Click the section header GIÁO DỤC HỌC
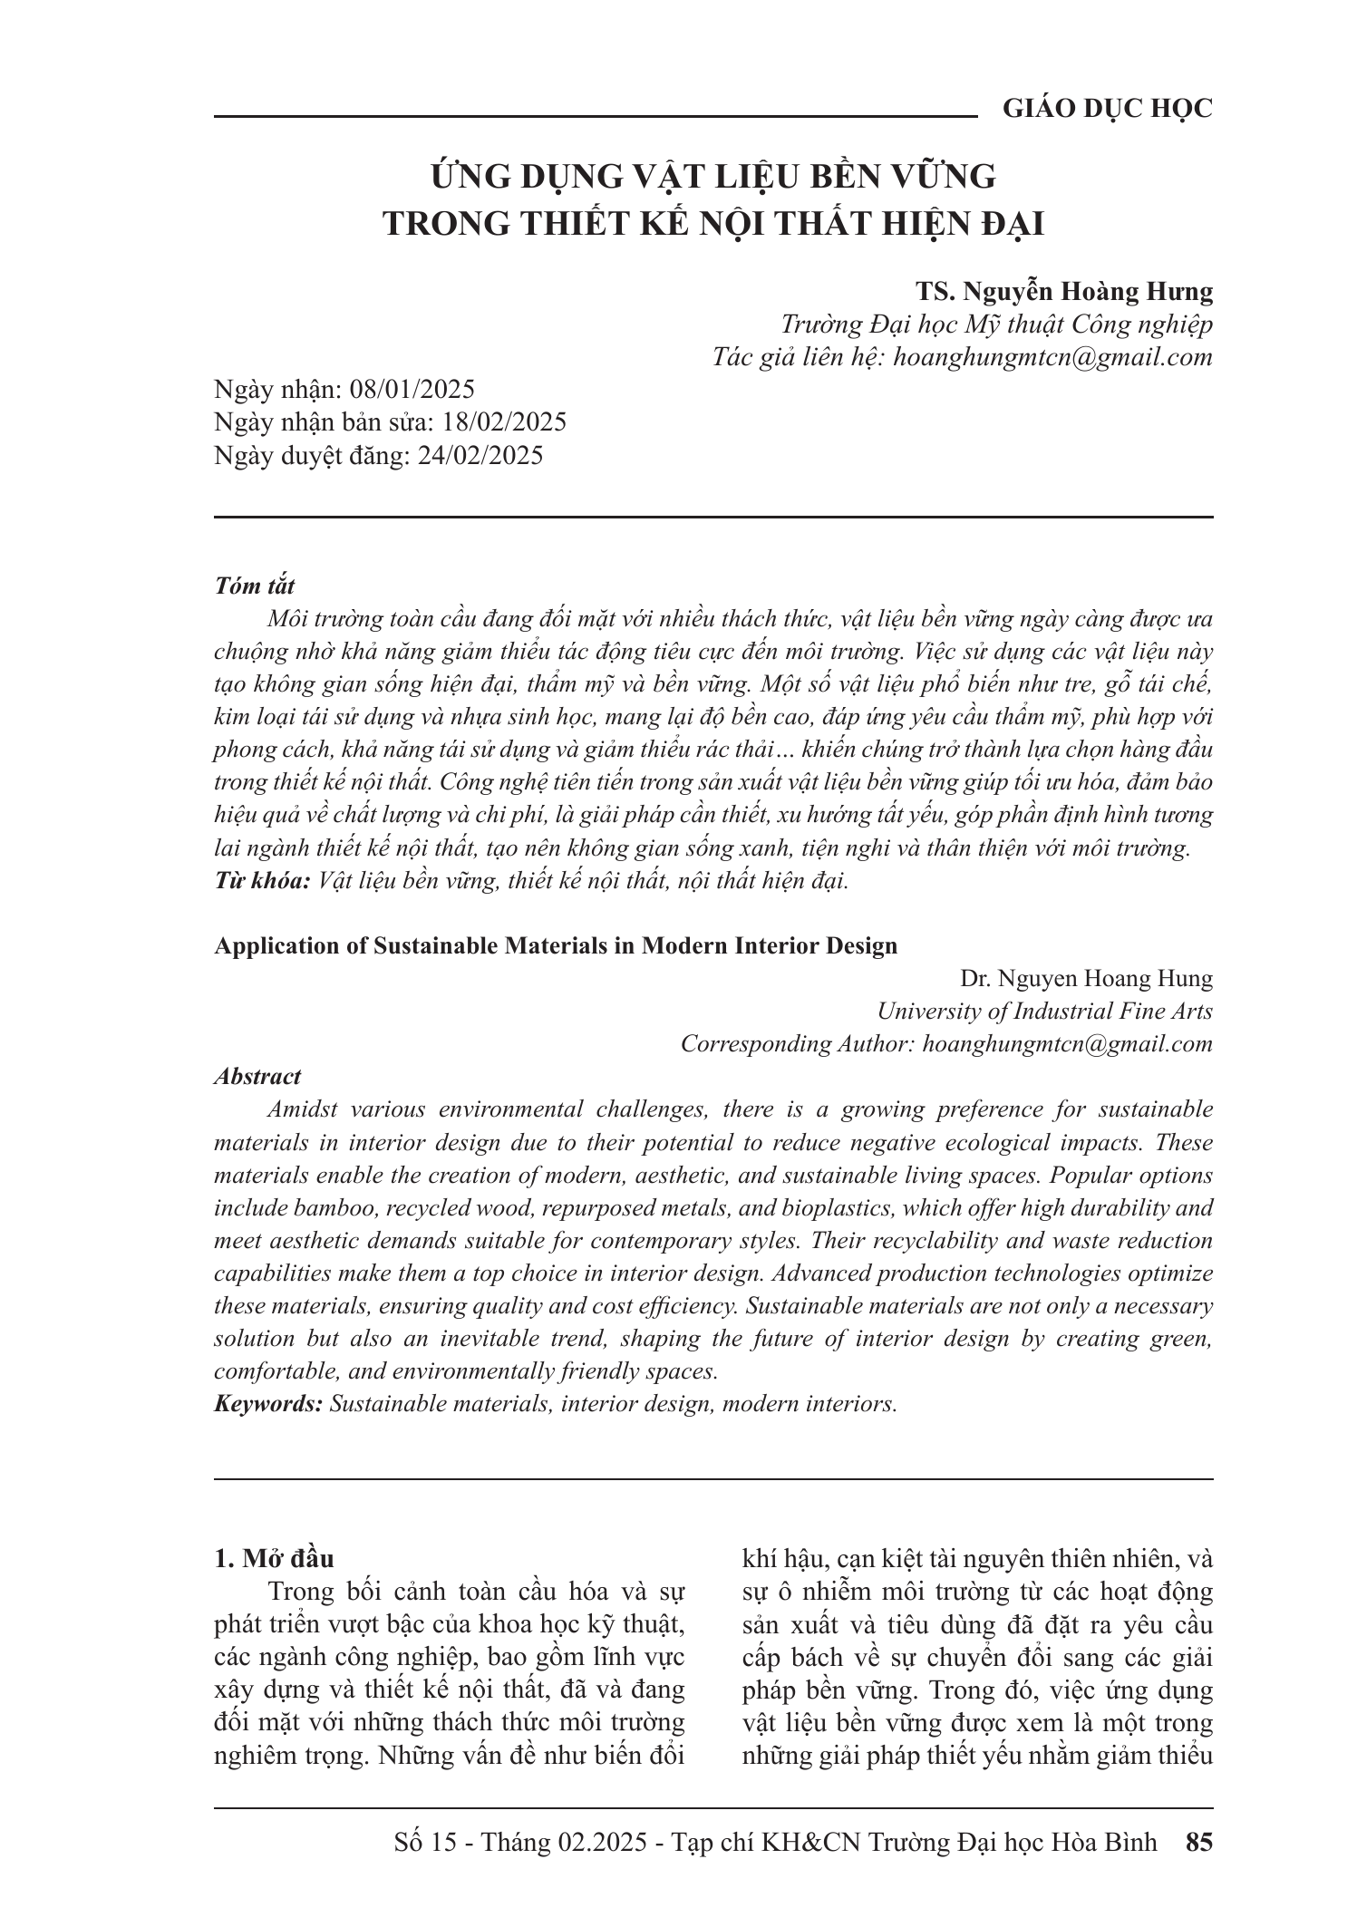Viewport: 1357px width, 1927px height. click(1107, 109)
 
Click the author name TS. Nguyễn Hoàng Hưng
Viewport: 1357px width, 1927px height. click(1064, 291)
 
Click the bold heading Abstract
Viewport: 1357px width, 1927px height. click(257, 1077)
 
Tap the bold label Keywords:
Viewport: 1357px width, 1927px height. click(268, 1404)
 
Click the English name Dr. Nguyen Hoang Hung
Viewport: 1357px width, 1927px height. click(1086, 979)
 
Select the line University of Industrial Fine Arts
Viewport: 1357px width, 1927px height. click(1044, 1012)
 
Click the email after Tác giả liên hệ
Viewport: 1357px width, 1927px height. click(1052, 357)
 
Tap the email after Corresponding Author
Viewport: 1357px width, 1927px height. click(1067, 1044)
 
